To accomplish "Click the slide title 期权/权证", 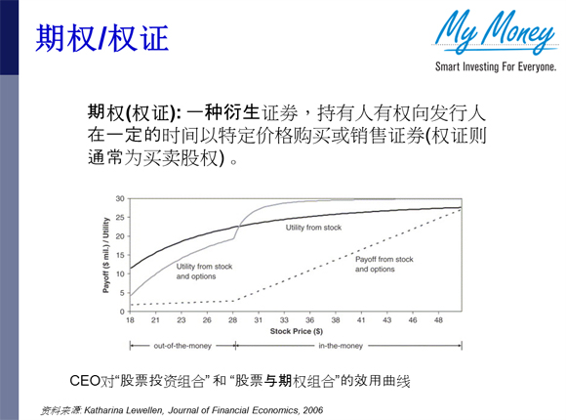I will [x=102, y=38].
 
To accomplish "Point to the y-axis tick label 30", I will [x=120, y=198].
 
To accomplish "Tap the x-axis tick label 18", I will [x=130, y=319].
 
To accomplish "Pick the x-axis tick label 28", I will [x=232, y=319].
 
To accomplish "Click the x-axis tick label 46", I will [x=411, y=319].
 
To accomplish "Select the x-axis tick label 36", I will [x=335, y=319].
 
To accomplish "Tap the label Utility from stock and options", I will [x=204, y=271].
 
